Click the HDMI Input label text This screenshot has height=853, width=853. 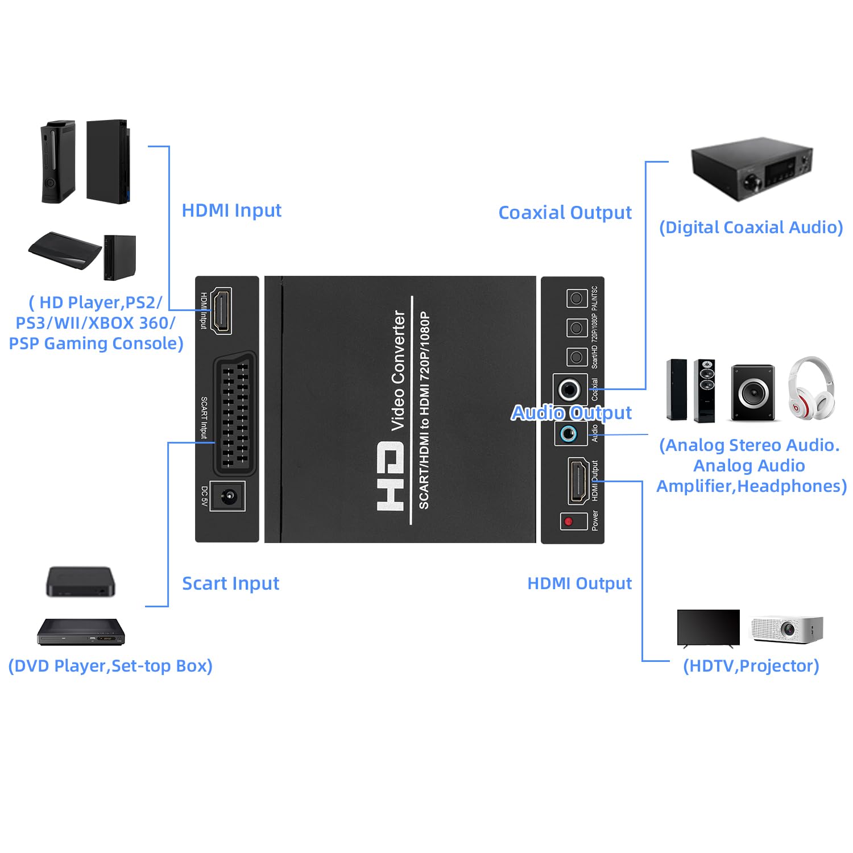[231, 210]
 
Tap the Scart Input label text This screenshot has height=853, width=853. [230, 583]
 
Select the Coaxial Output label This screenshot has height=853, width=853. [565, 213]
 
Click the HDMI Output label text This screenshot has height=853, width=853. [579, 583]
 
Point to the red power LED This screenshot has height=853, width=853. [568, 521]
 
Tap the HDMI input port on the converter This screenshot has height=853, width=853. [221, 310]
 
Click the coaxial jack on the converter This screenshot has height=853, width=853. [569, 390]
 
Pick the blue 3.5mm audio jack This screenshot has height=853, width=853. [569, 434]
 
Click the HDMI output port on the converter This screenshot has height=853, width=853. [578, 481]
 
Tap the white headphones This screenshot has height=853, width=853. [812, 387]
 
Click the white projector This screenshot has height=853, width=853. [787, 629]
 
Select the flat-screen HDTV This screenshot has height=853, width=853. [709, 628]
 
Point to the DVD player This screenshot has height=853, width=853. [81, 632]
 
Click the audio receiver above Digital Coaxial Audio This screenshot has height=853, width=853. [752, 169]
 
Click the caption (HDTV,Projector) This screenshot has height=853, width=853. [751, 666]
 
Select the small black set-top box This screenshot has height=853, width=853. [80, 581]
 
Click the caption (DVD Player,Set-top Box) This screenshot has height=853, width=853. [110, 666]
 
